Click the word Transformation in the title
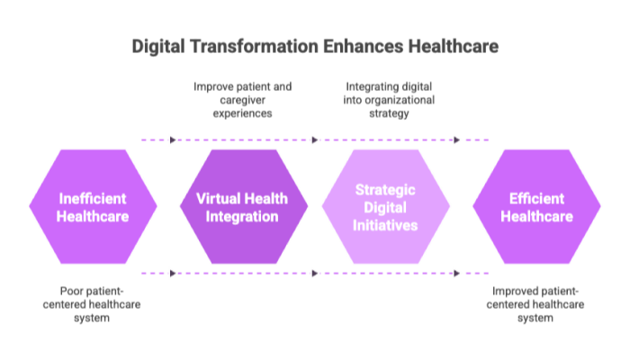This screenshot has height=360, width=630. (x=254, y=46)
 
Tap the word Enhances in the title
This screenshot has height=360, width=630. (x=364, y=46)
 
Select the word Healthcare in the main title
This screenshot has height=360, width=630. (x=454, y=46)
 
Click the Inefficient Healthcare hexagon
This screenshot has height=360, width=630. (x=93, y=206)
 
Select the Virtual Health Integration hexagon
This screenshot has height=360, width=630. (x=244, y=206)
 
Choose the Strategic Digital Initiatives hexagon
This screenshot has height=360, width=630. (x=386, y=206)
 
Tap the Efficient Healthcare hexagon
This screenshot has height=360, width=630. (x=536, y=206)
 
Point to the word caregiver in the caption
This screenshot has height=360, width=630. (x=243, y=100)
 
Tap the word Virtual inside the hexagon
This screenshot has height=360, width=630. (x=218, y=199)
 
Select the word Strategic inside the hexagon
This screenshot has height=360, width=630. (x=385, y=190)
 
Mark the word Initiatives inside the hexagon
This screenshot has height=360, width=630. (x=385, y=225)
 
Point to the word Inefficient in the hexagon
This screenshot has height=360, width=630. (x=93, y=199)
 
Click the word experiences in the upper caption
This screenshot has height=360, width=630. (x=242, y=113)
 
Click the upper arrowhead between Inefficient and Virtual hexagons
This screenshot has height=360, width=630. (x=173, y=139)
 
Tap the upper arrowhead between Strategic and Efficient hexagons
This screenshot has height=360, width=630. (x=456, y=139)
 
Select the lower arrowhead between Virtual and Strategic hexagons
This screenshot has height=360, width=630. (x=315, y=274)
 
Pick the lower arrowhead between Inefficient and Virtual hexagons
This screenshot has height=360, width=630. (x=173, y=274)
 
